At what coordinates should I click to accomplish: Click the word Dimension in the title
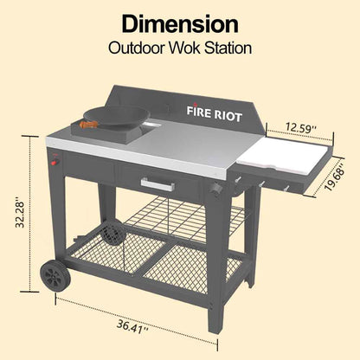click(x=179, y=23)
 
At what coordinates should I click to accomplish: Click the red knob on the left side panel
click(x=55, y=161)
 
